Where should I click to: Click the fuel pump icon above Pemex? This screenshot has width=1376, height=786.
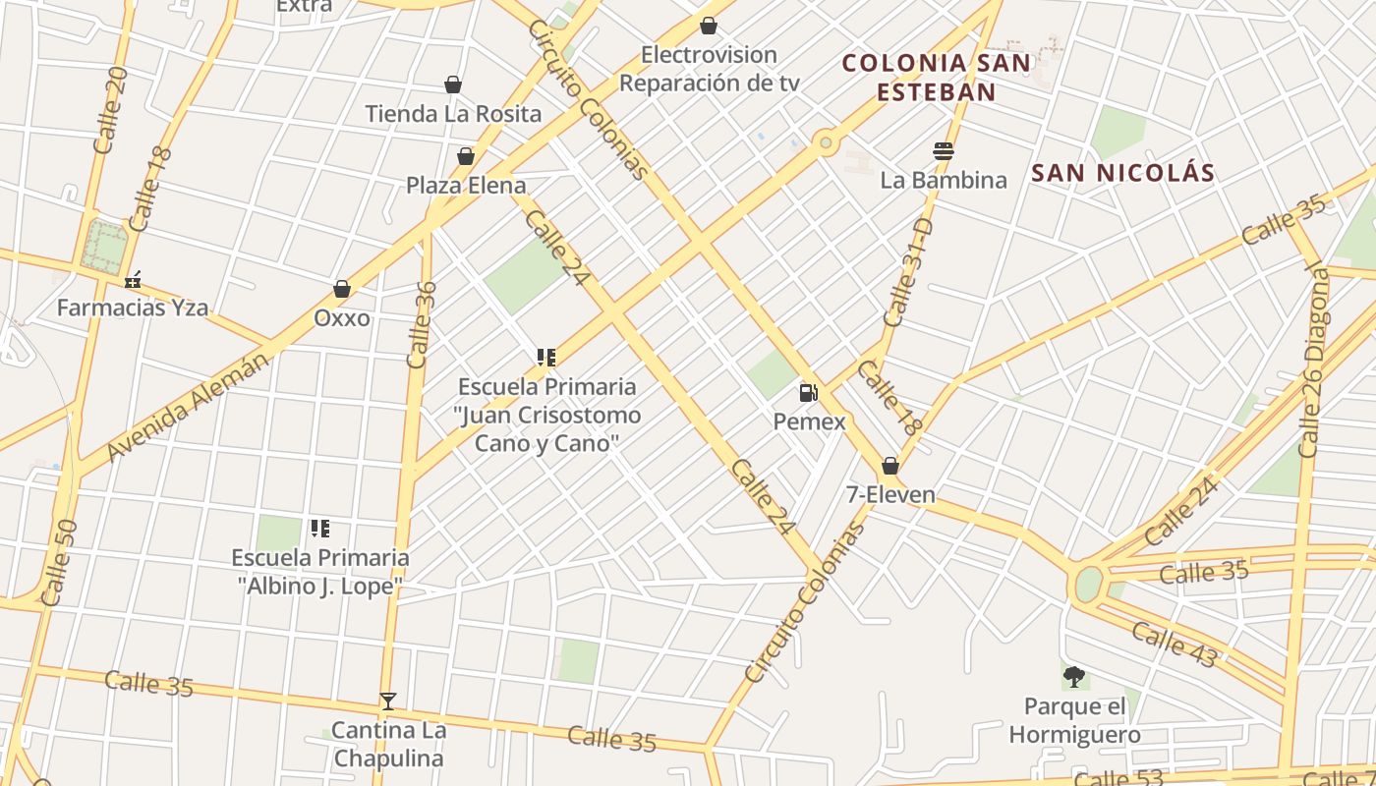coord(808,393)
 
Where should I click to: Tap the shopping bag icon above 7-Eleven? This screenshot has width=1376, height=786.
coord(890,466)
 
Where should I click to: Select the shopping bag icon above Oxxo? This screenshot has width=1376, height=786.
coord(342,289)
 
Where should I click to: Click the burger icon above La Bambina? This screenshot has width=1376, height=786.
coord(944,151)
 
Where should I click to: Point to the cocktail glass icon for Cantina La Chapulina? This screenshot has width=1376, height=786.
coord(388,702)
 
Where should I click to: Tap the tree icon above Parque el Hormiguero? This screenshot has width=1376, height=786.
coord(1074,677)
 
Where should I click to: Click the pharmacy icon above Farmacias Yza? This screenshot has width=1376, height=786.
coord(133,280)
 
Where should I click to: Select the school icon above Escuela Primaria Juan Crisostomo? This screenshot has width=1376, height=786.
coord(546,358)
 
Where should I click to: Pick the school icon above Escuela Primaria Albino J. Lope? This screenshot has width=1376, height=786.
coord(319,529)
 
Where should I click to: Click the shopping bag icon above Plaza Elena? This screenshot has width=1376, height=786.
coord(466,156)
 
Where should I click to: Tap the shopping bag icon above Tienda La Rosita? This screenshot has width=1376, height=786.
coord(453,84)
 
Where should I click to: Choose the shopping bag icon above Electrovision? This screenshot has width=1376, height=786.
coord(709,26)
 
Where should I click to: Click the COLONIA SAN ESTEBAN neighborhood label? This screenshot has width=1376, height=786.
coord(937,78)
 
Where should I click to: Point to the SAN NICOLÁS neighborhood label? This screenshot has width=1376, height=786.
coord(1122,174)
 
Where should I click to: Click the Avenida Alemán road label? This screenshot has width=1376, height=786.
coord(187,406)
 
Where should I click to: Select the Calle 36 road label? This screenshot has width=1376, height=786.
coord(422,324)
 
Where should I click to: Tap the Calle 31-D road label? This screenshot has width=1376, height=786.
coord(908,272)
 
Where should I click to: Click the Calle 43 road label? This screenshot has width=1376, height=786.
coord(1174,644)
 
